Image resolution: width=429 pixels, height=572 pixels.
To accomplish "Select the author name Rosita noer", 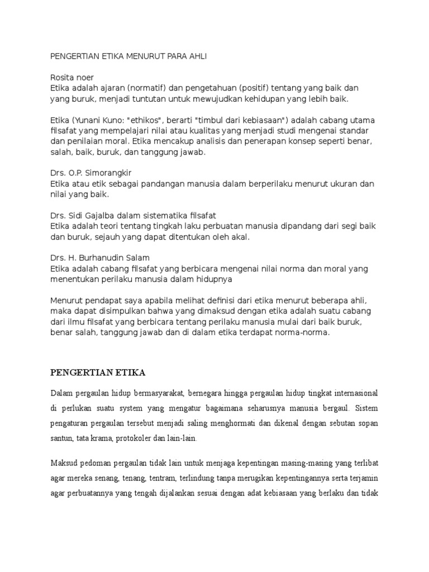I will [x=72, y=78].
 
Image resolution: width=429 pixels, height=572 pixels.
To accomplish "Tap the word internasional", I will [x=350, y=394].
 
